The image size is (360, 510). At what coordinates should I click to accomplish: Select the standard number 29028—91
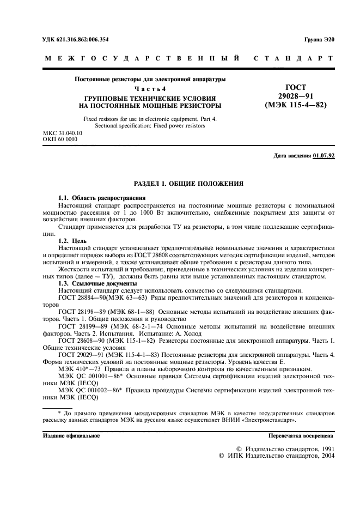click(295, 96)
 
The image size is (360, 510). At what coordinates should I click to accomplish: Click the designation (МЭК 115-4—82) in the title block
click(295, 105)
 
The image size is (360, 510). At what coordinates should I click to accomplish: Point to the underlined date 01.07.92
click(324, 156)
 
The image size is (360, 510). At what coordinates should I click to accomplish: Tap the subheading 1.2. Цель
click(74, 240)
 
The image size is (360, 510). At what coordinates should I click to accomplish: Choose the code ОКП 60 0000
click(60, 139)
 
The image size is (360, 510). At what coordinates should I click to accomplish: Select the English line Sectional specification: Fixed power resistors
click(150, 125)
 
